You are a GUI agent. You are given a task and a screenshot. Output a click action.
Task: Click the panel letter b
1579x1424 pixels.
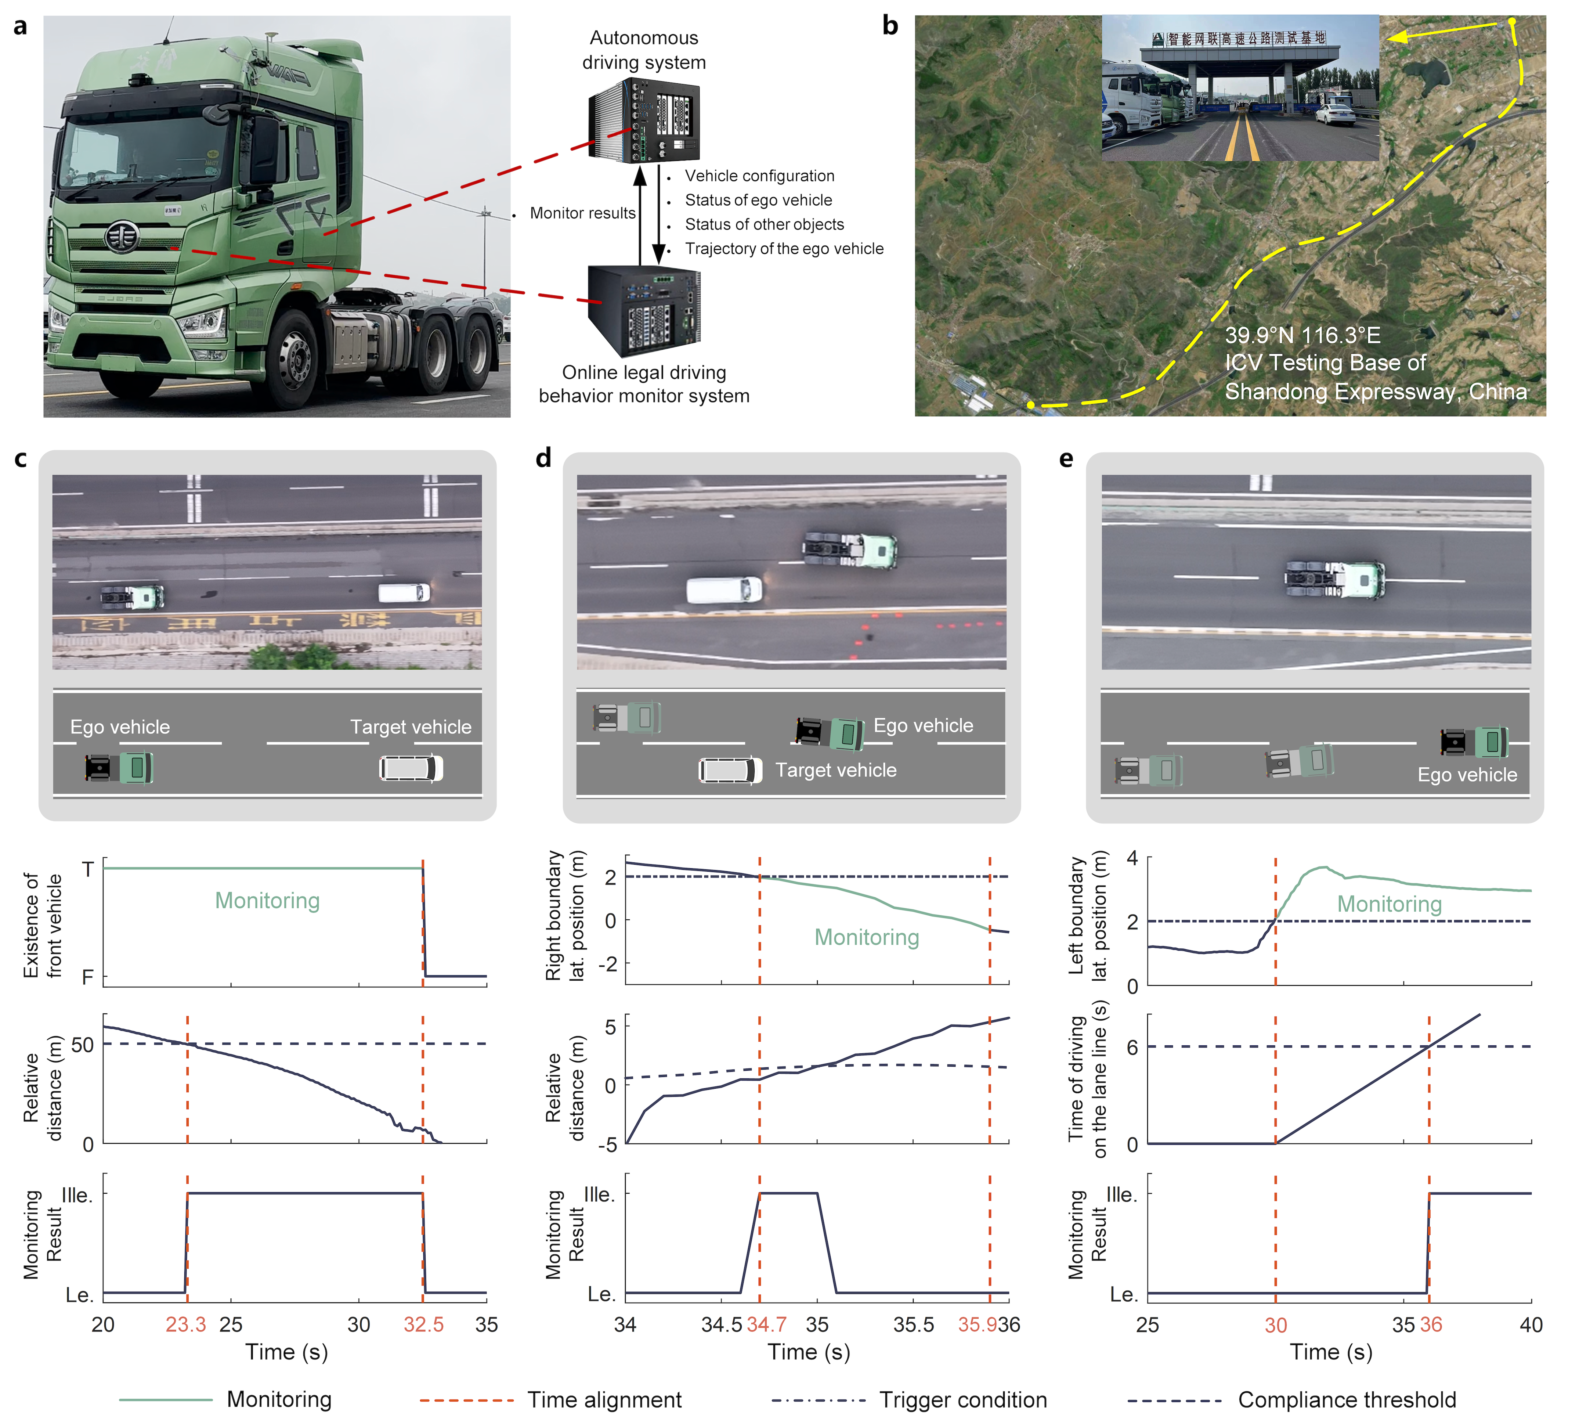(890, 26)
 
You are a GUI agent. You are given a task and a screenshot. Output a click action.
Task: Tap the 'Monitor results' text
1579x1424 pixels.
(583, 213)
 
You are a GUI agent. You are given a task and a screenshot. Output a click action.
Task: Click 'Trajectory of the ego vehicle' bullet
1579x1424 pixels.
(784, 249)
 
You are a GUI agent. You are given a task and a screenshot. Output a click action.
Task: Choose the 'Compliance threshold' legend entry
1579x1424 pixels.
(1347, 1400)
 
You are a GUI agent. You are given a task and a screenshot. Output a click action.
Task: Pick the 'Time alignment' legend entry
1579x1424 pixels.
(604, 1400)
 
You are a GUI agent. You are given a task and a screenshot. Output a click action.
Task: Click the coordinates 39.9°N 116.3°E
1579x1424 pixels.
(1302, 336)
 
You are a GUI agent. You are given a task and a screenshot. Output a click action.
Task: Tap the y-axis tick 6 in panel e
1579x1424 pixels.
(1132, 1047)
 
